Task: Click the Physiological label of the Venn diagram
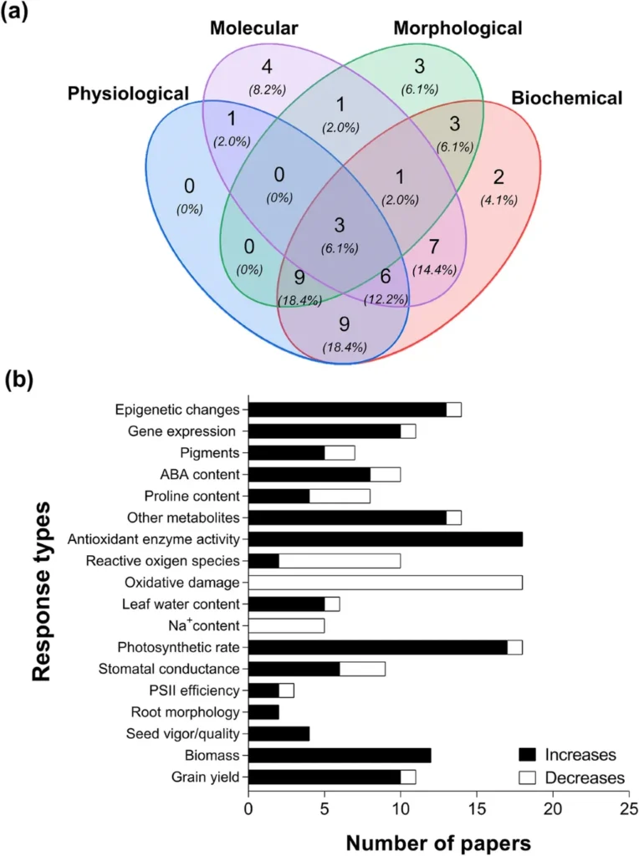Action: [129, 93]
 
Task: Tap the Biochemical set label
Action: [567, 98]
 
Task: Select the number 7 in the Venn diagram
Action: [433, 247]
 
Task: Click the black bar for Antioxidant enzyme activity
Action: [386, 539]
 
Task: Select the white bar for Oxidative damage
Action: [386, 583]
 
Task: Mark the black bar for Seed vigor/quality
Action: [279, 734]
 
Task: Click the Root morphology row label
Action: [187, 712]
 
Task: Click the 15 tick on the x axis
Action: [477, 809]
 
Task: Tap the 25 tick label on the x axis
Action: [629, 809]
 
